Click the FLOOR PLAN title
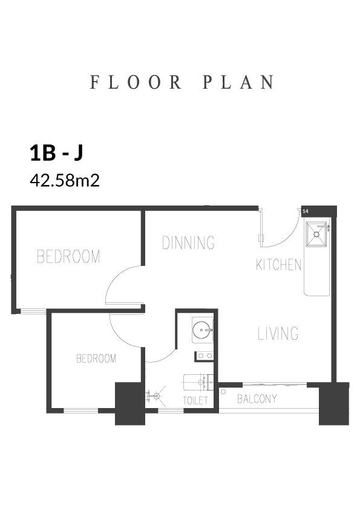click(182, 82)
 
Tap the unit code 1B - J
click(56, 153)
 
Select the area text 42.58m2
click(65, 180)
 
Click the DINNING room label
click(188, 242)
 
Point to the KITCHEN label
click(278, 265)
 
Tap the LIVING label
click(278, 333)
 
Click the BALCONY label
click(257, 398)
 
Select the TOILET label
click(195, 401)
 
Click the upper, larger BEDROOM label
click(68, 256)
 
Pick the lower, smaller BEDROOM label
click(96, 358)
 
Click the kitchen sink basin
click(316, 234)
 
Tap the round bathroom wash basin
click(201, 330)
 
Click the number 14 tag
click(305, 212)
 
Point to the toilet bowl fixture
click(198, 383)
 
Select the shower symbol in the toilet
click(156, 396)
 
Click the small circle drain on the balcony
click(223, 392)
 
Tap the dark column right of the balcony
click(334, 404)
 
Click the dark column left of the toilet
click(130, 404)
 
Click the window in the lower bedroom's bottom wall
click(81, 410)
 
